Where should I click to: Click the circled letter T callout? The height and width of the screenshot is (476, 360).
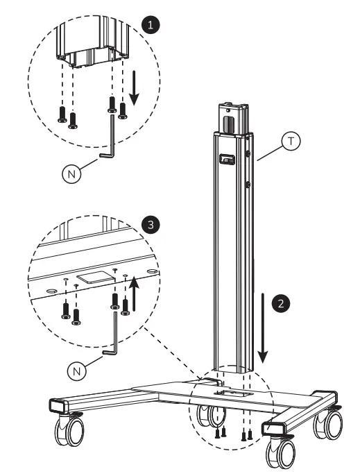[x=291, y=142]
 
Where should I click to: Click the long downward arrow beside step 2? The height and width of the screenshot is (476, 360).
[x=264, y=326]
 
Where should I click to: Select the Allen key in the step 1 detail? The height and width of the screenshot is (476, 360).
[x=109, y=143]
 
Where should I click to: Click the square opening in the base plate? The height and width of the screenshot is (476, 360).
[x=228, y=393]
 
